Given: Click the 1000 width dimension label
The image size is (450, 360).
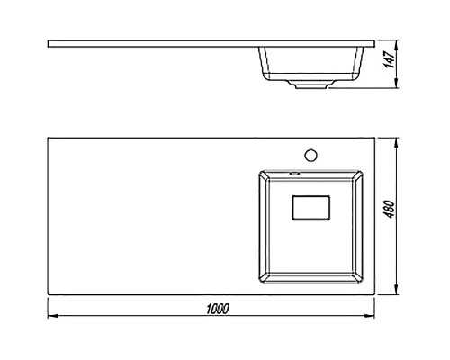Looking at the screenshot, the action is point(218,309).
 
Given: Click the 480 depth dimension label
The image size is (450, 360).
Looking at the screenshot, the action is point(390,209).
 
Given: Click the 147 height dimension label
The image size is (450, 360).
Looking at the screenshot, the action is point(390,59).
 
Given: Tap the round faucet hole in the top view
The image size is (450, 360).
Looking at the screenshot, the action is point(310,155).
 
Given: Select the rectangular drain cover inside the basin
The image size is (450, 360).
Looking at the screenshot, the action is point(311,208).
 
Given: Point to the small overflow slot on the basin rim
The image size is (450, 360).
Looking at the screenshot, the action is point(294,173).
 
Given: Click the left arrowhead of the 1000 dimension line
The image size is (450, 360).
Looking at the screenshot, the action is point(52,316).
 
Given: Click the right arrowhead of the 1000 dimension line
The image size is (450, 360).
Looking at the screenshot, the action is point(370,316).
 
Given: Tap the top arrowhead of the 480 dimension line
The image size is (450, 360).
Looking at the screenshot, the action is point(397,142).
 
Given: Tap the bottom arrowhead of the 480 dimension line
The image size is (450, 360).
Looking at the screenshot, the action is point(397,290).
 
